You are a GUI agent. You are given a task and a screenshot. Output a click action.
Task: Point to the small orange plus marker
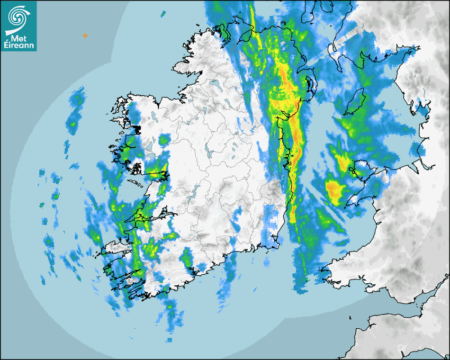(85, 35)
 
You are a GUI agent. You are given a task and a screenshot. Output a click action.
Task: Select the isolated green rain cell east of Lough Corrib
(165, 140)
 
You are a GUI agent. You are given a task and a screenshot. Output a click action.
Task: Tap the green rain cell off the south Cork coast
(186, 259)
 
